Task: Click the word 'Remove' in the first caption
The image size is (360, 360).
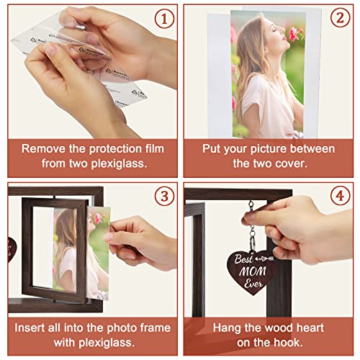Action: coord(42,149)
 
